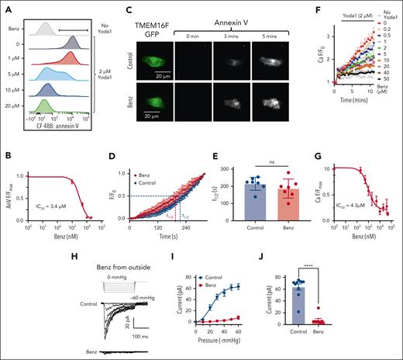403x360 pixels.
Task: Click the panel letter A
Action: (6, 8)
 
